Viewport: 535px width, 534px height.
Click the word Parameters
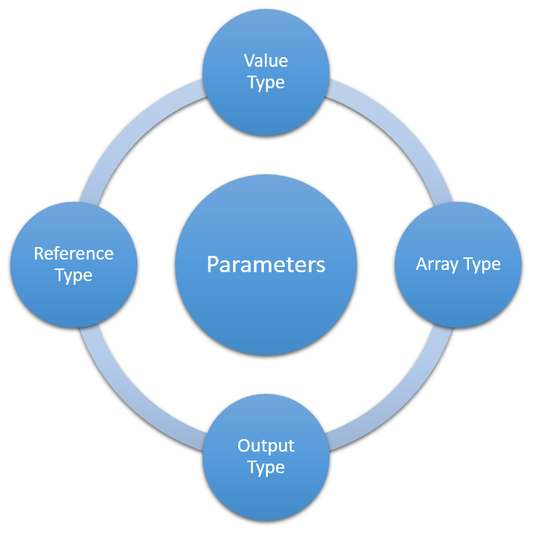266,265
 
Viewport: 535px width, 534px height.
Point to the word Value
266,61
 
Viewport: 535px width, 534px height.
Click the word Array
436,265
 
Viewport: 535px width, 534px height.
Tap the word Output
266,446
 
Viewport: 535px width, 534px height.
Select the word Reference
73,254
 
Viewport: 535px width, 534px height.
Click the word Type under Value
266,83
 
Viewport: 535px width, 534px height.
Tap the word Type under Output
266,468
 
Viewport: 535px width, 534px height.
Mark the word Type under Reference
73,276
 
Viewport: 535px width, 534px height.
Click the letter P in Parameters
212,265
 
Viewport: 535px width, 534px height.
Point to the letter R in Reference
39,254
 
